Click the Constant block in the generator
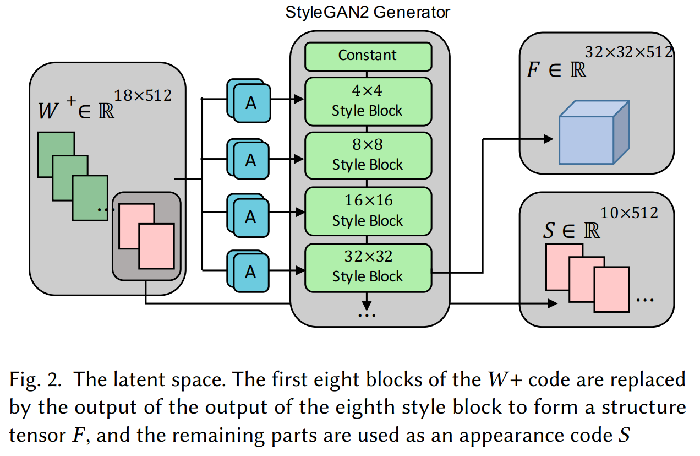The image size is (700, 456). pyautogui.click(x=368, y=56)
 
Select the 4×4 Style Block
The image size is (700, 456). pyautogui.click(x=368, y=102)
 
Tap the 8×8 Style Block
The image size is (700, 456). pyautogui.click(x=368, y=156)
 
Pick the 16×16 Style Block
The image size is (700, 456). pyautogui.click(x=368, y=211)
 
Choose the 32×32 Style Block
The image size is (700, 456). pyautogui.click(x=368, y=268)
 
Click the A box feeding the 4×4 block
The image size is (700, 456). pyautogui.click(x=251, y=103)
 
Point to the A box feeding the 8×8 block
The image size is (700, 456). pyautogui.click(x=251, y=159)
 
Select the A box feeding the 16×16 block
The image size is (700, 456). pyautogui.click(x=251, y=217)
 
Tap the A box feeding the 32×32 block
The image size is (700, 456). pyautogui.click(x=251, y=272)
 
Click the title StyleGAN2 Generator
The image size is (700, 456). pyautogui.click(x=368, y=12)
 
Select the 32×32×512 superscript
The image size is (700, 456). pyautogui.click(x=628, y=53)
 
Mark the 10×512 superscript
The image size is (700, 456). pyautogui.click(x=629, y=213)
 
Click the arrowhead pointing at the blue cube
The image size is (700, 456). pyautogui.click(x=548, y=139)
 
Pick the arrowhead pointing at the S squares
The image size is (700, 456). pyautogui.click(x=552, y=304)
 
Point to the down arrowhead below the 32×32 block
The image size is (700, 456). pyautogui.click(x=367, y=304)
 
